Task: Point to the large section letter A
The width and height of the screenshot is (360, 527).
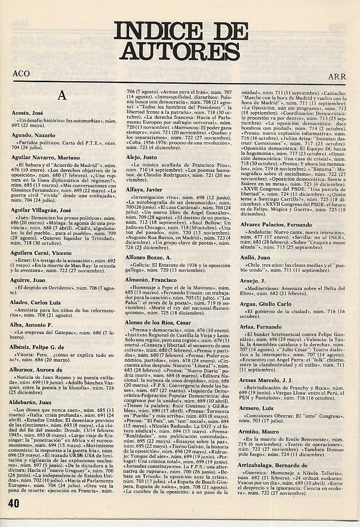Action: pos(62,96)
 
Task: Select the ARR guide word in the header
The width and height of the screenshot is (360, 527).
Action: pos(338,77)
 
